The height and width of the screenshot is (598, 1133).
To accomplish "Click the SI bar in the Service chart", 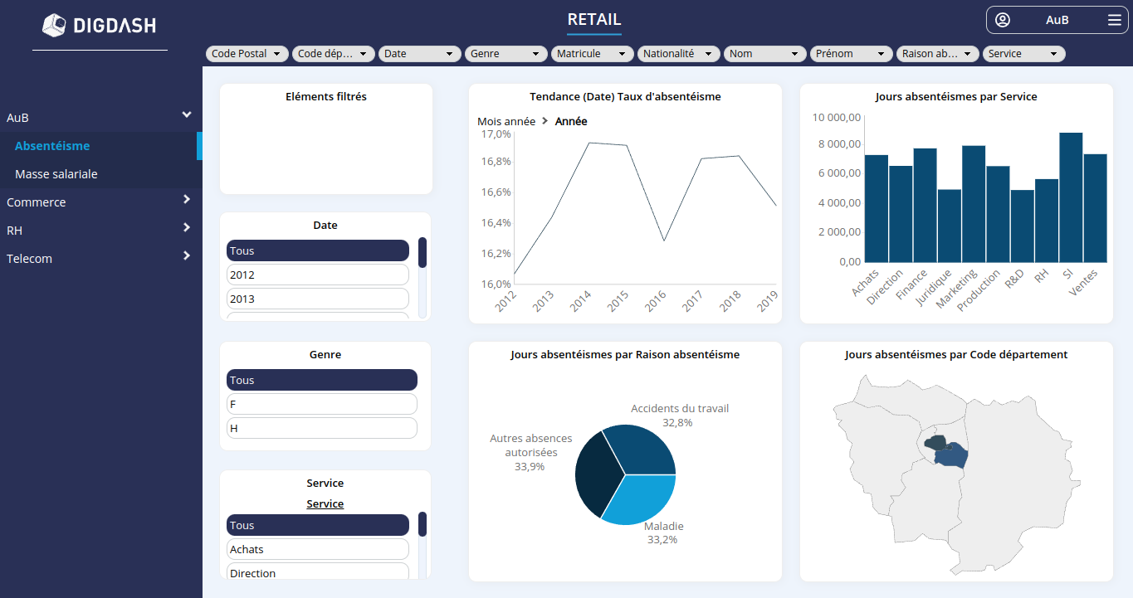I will tap(1071, 197).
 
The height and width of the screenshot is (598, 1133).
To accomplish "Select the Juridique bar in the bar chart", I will tap(949, 226).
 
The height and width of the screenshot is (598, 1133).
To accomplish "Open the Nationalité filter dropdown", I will tap(678, 53).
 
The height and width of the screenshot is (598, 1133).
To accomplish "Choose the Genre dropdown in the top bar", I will tap(505, 53).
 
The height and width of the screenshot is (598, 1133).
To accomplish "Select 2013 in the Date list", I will tap(317, 299).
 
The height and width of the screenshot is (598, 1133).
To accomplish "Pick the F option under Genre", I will tap(321, 404).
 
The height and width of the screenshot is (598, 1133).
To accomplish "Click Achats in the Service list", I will tap(317, 549).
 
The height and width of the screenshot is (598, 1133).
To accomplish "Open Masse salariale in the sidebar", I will tap(56, 174).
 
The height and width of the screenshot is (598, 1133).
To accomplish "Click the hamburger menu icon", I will tap(1114, 20).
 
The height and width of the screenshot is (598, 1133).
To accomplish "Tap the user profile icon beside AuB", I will tap(1003, 20).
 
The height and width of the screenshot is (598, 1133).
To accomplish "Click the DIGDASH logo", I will tap(100, 26).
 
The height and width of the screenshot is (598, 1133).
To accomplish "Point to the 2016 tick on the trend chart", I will tap(656, 301).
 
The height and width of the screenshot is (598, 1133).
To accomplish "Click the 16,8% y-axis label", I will tap(496, 161).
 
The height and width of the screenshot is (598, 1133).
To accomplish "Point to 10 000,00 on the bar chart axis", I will tap(836, 118).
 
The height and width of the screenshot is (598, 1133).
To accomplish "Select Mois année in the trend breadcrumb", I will tap(506, 121).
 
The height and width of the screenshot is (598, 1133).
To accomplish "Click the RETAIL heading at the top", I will tap(593, 20).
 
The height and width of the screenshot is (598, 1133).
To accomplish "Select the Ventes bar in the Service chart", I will tap(1095, 208).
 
